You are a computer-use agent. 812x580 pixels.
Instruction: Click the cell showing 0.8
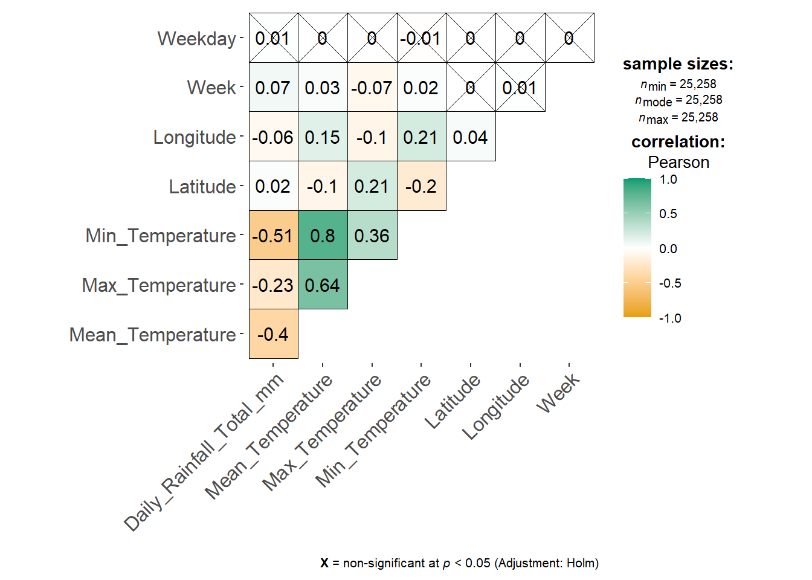(x=323, y=236)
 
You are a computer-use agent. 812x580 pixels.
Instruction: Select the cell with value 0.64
(x=323, y=285)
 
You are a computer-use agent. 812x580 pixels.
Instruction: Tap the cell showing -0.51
(x=273, y=236)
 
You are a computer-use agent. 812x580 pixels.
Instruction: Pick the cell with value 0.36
(x=372, y=236)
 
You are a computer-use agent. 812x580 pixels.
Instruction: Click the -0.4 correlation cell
(x=273, y=334)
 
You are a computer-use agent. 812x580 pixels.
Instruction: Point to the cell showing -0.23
(x=273, y=285)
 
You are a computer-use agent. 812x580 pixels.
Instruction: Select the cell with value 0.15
(x=323, y=137)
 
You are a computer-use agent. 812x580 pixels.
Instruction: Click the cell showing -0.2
(x=421, y=186)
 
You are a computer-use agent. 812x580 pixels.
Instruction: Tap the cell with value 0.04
(x=471, y=137)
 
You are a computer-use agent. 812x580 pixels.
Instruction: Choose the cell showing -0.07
(x=372, y=88)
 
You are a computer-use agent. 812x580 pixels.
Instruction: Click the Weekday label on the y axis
(x=196, y=39)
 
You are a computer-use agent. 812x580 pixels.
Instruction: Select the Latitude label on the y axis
(x=202, y=187)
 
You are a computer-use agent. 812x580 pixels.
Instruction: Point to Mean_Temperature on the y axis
(x=152, y=335)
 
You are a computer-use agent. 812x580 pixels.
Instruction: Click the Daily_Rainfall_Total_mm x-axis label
(x=204, y=453)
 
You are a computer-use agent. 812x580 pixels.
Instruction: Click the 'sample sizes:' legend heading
(x=678, y=64)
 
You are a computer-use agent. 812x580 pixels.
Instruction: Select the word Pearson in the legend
(x=678, y=163)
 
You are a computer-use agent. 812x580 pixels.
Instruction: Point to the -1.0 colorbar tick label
(x=670, y=318)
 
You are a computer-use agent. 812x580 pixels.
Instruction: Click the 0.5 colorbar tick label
(x=668, y=214)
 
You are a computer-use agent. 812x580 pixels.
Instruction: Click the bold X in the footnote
(x=324, y=563)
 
